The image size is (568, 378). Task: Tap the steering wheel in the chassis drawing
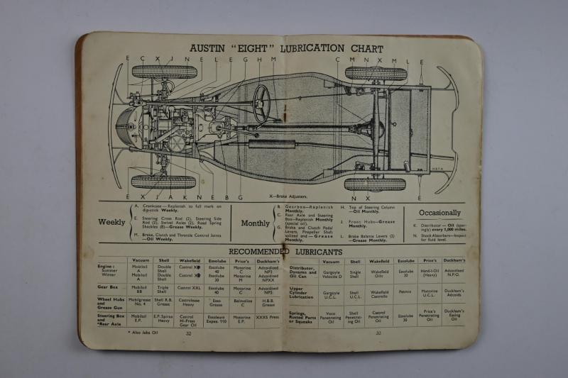[x=262, y=102]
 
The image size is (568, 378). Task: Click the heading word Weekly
[x=111, y=222]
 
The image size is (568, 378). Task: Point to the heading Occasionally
[x=439, y=213]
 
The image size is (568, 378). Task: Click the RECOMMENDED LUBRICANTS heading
[x=285, y=252]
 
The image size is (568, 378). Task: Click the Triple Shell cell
[x=163, y=289]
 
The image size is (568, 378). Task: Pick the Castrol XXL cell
[x=189, y=288]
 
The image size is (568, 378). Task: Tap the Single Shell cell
[x=354, y=274]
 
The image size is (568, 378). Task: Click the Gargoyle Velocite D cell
[x=331, y=274]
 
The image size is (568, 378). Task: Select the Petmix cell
[x=405, y=291]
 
